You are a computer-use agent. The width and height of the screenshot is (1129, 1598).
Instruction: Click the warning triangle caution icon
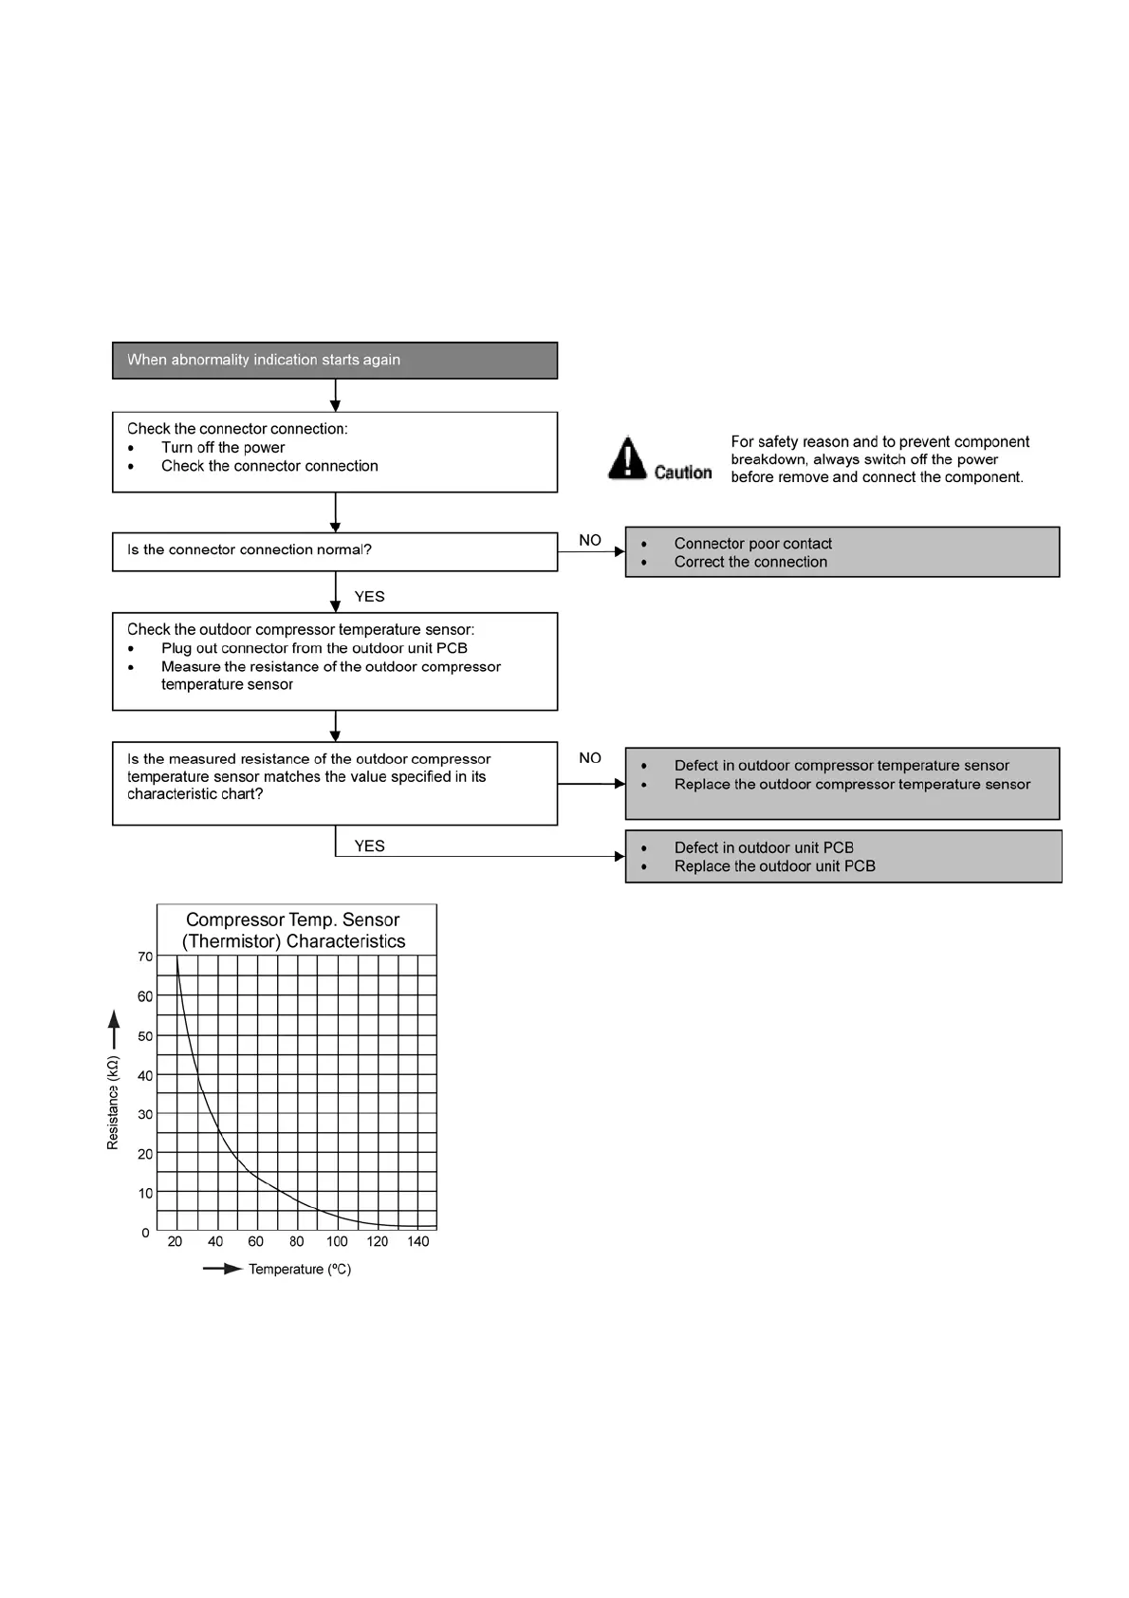(626, 457)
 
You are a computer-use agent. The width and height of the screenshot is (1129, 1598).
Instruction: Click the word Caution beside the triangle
(683, 473)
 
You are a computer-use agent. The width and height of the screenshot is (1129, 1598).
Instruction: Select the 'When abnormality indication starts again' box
(334, 361)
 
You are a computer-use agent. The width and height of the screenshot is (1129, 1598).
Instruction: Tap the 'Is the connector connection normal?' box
(334, 551)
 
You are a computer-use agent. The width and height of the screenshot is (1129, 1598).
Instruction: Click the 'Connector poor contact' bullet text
(752, 544)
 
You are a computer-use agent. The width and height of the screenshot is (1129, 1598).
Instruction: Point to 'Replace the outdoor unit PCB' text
(774, 866)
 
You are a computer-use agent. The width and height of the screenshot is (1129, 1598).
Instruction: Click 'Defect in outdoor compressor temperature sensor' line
(842, 766)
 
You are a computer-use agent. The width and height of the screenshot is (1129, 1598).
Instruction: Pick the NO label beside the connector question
(590, 540)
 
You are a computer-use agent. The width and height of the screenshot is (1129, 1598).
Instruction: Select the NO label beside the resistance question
(590, 758)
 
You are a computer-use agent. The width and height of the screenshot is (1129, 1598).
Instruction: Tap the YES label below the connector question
(369, 597)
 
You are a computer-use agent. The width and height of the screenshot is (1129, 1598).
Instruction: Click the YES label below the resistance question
(369, 846)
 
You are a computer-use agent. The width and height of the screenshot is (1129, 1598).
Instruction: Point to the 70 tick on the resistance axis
(145, 957)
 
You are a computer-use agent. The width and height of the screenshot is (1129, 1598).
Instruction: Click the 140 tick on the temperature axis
(418, 1241)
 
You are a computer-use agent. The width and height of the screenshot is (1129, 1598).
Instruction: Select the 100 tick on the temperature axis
(337, 1241)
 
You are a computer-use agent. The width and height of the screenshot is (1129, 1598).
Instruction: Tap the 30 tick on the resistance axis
(145, 1114)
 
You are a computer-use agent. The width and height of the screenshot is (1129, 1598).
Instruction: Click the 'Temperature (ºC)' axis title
(300, 1270)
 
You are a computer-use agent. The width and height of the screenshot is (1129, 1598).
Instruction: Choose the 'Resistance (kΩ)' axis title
(114, 1103)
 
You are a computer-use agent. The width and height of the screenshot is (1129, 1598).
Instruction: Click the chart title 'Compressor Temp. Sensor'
(292, 920)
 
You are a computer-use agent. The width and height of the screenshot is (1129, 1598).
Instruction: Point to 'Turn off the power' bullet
(223, 448)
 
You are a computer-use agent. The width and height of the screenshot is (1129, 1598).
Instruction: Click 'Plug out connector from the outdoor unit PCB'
(314, 648)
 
